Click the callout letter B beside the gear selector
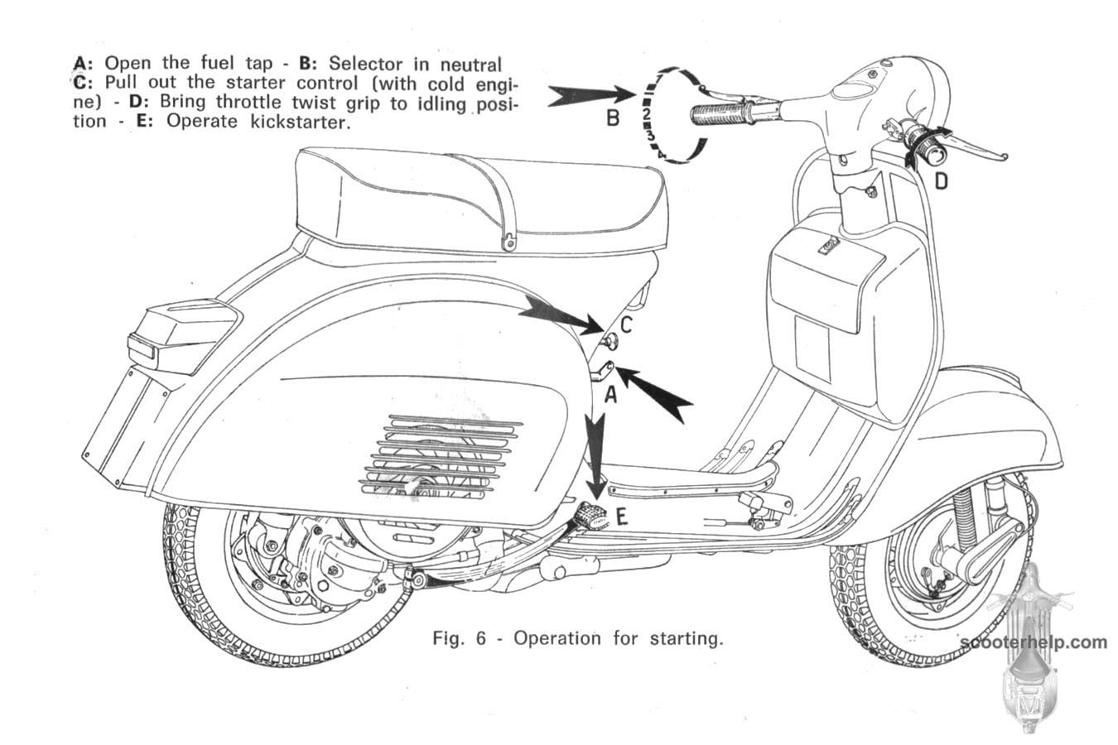(x=613, y=118)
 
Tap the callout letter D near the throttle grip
(x=942, y=180)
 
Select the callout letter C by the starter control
(x=626, y=325)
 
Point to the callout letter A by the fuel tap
(x=610, y=396)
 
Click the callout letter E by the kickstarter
(x=621, y=517)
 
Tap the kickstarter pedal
(x=593, y=515)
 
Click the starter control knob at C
(x=611, y=339)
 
